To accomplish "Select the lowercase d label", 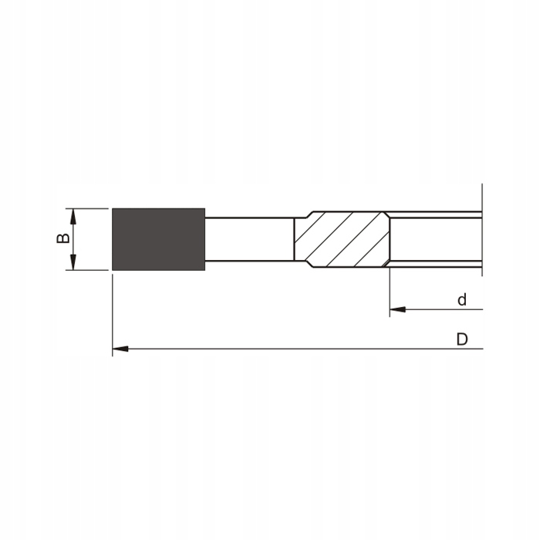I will pyautogui.click(x=461, y=299).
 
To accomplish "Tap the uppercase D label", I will pyautogui.click(x=461, y=339).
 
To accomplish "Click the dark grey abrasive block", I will pyautogui.click(x=158, y=239).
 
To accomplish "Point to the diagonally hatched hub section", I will pyautogui.click(x=341, y=239).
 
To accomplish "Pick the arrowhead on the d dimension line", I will pyautogui.click(x=397, y=309).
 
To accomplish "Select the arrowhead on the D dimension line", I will pyautogui.click(x=120, y=349).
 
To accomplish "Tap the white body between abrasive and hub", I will pyautogui.click(x=249, y=239).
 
